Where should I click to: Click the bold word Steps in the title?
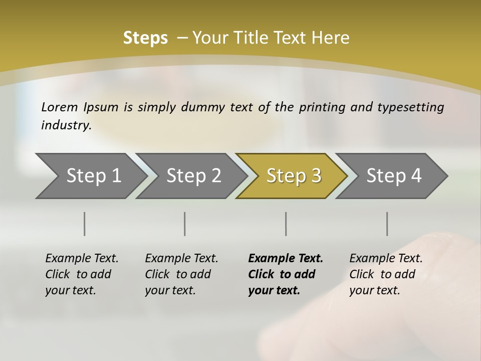tap(145, 38)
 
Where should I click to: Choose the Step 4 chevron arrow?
tap(394, 176)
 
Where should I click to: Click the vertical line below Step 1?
tap(85, 224)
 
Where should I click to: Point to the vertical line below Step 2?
tap(185, 224)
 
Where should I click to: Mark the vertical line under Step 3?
tap(286, 224)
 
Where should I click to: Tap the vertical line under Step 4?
tap(387, 224)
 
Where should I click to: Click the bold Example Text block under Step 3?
tap(286, 274)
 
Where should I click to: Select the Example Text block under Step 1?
tap(82, 274)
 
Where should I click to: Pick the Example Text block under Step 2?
tap(181, 274)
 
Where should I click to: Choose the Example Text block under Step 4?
tap(386, 274)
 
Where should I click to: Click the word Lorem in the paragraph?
tap(60, 107)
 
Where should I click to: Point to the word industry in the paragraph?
tap(66, 125)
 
